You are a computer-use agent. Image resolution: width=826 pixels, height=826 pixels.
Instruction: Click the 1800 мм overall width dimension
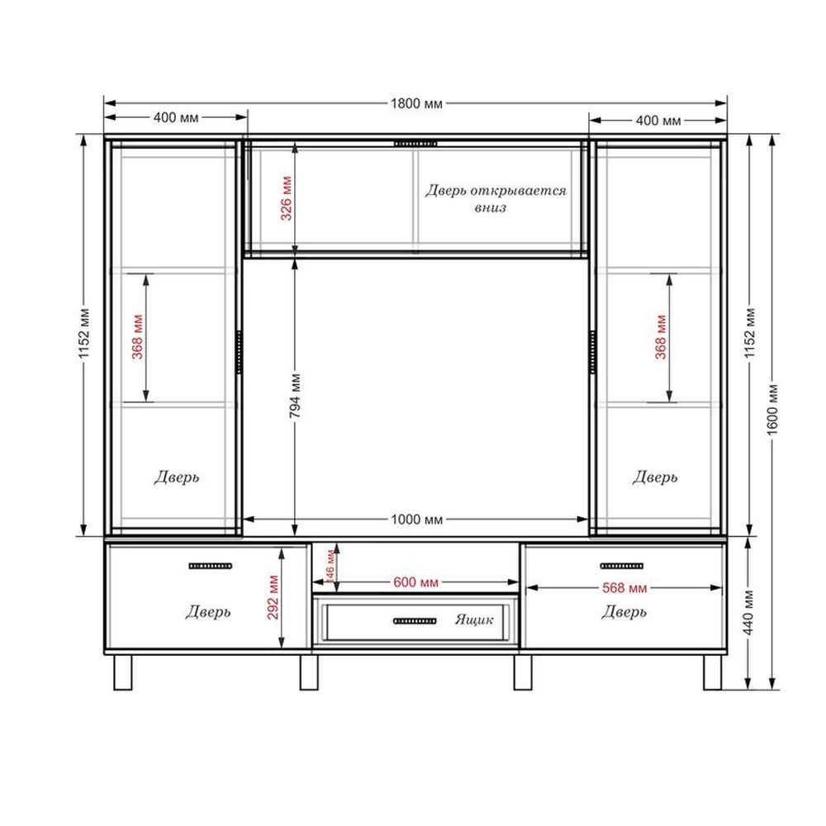tap(416, 103)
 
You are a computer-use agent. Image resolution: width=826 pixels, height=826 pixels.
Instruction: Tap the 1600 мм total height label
tap(772, 410)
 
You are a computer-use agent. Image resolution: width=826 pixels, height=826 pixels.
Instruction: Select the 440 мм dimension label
tap(749, 613)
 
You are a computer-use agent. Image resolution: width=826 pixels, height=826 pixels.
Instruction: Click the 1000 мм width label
tap(416, 520)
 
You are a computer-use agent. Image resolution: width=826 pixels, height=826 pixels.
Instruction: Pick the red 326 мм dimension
tap(286, 198)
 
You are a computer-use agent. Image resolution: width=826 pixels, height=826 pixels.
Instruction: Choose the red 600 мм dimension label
tap(415, 582)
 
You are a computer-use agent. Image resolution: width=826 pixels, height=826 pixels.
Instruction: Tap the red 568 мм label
tap(624, 588)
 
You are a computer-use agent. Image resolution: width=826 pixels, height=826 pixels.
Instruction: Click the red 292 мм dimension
tap(273, 597)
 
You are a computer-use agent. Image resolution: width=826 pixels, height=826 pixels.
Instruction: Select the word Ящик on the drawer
tap(474, 619)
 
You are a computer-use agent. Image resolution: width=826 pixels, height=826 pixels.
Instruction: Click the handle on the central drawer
tap(415, 621)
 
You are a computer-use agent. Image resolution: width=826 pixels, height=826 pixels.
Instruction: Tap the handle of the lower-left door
tap(210, 567)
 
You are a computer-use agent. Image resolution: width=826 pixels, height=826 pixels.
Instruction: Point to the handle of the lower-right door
tap(622, 567)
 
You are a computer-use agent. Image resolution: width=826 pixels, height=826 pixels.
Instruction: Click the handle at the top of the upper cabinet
tap(415, 144)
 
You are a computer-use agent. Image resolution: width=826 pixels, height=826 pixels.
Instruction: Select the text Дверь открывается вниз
tap(495, 198)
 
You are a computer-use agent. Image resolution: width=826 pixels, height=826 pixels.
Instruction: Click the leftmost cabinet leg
tap(123, 672)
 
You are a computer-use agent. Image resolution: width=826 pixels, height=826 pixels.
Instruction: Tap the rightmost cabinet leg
tap(712, 672)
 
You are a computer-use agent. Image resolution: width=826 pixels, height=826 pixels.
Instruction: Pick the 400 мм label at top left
tap(176, 117)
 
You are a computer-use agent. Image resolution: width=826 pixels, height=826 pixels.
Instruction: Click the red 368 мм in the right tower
tap(661, 337)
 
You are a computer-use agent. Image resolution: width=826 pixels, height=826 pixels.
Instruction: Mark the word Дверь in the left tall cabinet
tap(177, 477)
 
